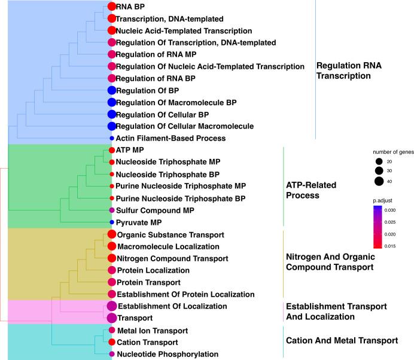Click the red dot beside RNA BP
point(111,7)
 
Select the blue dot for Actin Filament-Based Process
point(111,138)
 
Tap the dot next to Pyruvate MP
point(111,222)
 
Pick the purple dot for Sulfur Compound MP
point(111,210)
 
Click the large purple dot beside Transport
point(111,318)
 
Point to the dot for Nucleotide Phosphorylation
point(111,354)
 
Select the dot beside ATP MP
point(111,150)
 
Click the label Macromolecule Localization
point(160,246)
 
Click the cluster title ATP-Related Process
point(311,191)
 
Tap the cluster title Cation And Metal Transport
point(342,340)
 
